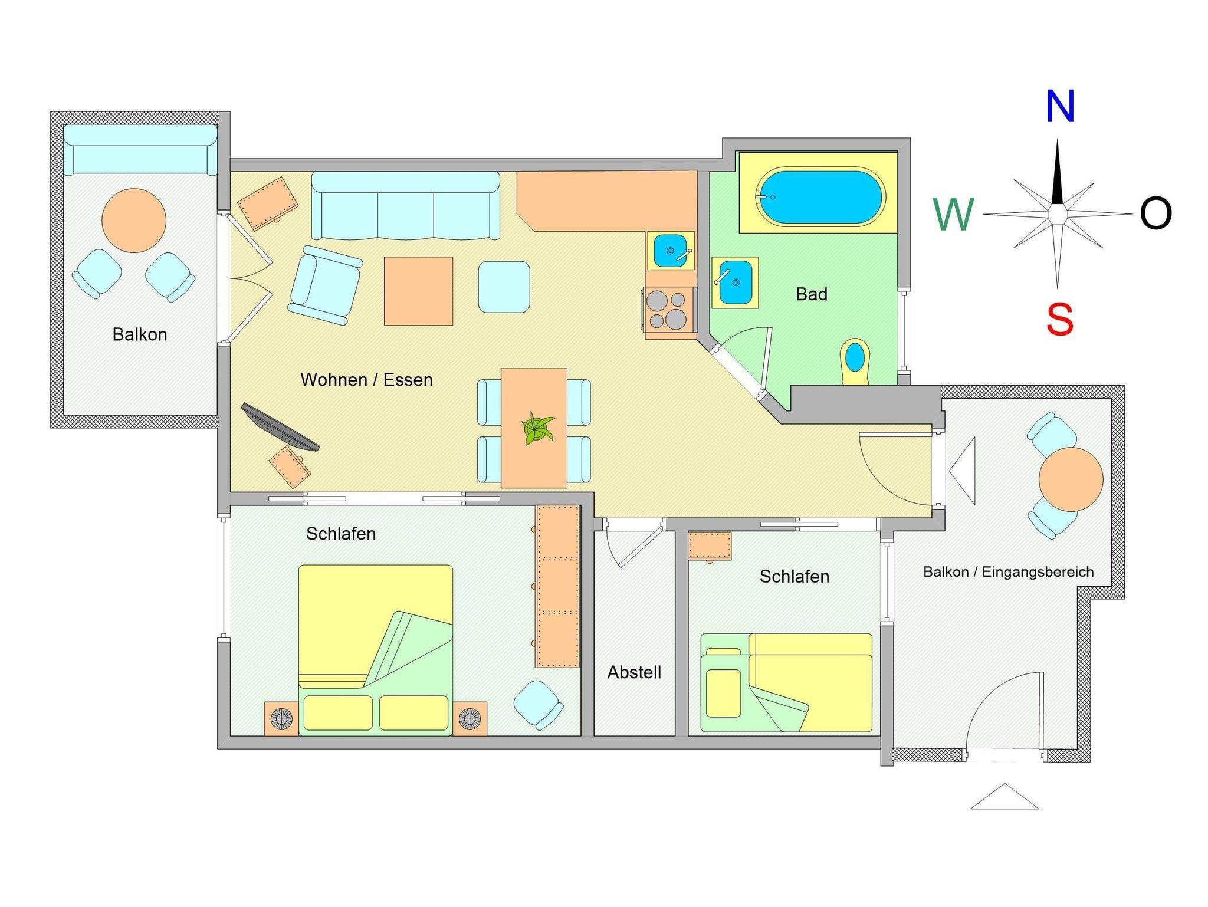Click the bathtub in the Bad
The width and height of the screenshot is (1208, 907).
coord(818,193)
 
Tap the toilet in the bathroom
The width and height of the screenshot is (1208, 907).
coord(855,362)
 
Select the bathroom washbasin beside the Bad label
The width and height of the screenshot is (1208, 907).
coord(735,282)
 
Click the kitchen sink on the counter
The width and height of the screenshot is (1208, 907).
coord(671,251)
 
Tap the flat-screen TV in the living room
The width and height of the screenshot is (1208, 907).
coord(280,426)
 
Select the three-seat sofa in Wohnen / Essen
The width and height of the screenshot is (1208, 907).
coord(406,206)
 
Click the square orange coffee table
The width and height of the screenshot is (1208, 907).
coord(418,291)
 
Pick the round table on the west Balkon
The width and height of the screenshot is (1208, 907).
coord(134,221)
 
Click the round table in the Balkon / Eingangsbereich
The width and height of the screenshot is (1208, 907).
coord(1071,479)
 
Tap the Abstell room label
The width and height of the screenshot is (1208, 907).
coord(634,672)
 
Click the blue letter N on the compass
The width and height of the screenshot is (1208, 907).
coord(1060,106)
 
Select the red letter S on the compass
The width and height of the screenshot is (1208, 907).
coord(1059,319)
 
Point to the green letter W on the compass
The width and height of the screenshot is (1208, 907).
coord(953,214)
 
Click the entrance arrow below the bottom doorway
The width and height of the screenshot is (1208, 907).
coord(1005,796)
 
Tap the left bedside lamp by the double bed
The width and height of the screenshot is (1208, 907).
coord(281,719)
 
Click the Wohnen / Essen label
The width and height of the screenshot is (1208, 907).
coord(366,379)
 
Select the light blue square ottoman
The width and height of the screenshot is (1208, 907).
coord(504,287)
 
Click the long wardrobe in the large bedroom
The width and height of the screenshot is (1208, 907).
coord(557,586)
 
